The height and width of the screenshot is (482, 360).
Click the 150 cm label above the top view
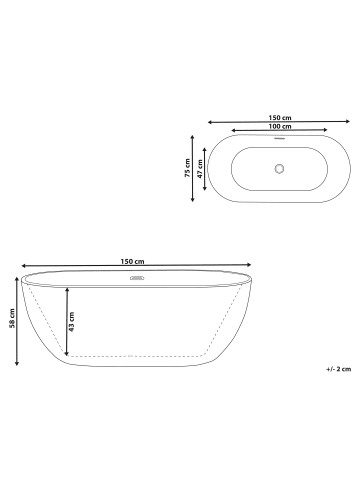pyautogui.click(x=280, y=118)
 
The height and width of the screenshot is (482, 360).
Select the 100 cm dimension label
pyautogui.click(x=280, y=126)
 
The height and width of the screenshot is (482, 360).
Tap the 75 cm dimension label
pyautogui.click(x=188, y=168)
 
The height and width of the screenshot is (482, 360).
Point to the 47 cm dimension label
pyautogui.click(x=200, y=169)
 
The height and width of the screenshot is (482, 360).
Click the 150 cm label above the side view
pyautogui.click(x=133, y=262)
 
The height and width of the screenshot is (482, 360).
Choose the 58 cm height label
pyautogui.click(x=12, y=318)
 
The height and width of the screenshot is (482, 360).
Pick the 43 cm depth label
pyautogui.click(x=71, y=322)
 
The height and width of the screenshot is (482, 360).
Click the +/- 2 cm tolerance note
pyautogui.click(x=339, y=369)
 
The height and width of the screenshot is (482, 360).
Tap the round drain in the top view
pyautogui.click(x=279, y=168)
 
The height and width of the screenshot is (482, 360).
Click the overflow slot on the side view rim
pyautogui.click(x=137, y=278)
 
